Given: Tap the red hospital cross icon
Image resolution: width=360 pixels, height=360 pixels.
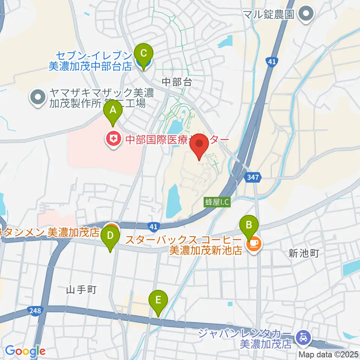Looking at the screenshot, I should tap(112, 140).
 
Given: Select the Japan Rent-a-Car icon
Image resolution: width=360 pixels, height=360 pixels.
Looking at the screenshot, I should tap(302, 337).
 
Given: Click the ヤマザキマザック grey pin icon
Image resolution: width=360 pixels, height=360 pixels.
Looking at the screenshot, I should tap(38, 97).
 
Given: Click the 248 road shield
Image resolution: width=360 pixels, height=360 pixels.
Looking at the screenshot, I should tap(34, 310).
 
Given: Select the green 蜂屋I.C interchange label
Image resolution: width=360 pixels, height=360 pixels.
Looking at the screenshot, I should tap(217, 202).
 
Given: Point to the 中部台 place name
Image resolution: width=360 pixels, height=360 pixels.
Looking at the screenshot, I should tap(177, 82).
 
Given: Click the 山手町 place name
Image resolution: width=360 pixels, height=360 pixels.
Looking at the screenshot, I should tap(81, 289).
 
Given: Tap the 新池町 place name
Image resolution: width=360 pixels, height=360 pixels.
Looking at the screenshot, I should tap(304, 253).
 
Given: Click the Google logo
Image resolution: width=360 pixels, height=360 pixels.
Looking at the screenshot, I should tap(25, 351).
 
